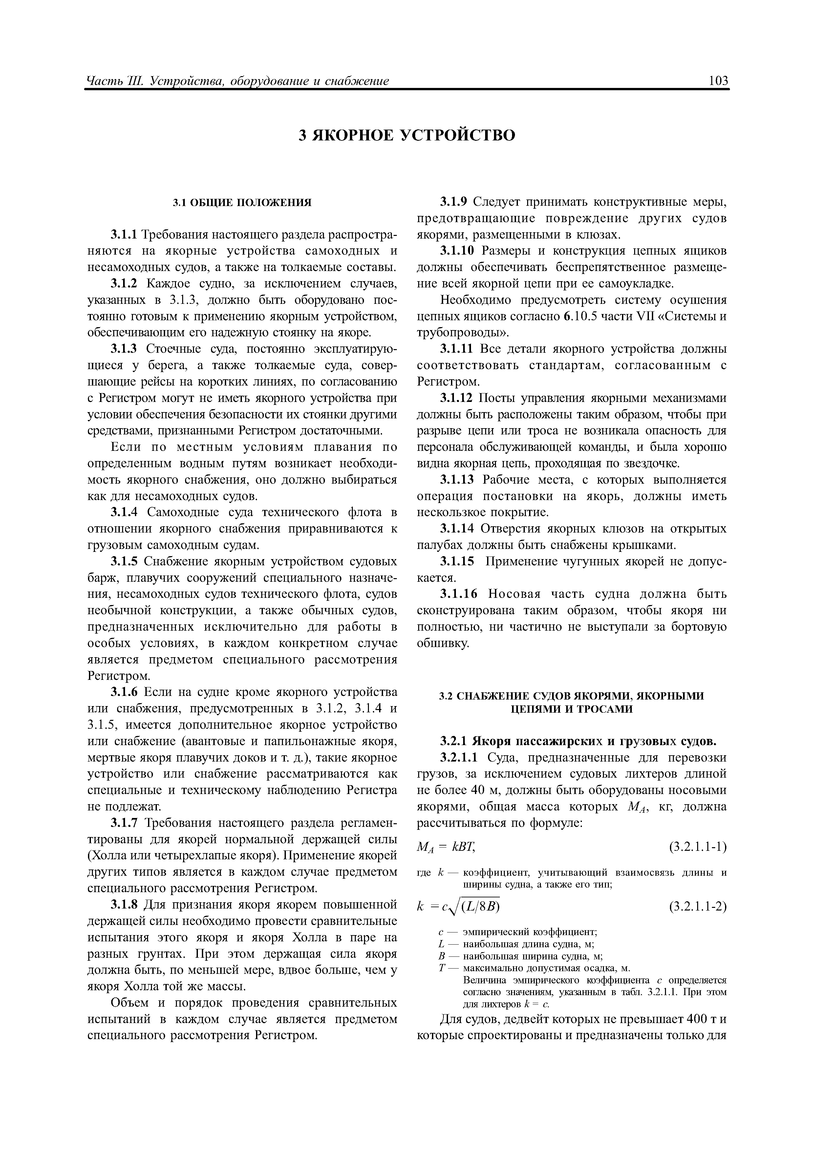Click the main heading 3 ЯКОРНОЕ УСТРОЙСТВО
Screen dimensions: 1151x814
point(407,136)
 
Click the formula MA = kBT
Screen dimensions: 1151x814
point(446,848)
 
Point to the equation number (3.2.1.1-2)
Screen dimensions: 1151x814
point(697,907)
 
